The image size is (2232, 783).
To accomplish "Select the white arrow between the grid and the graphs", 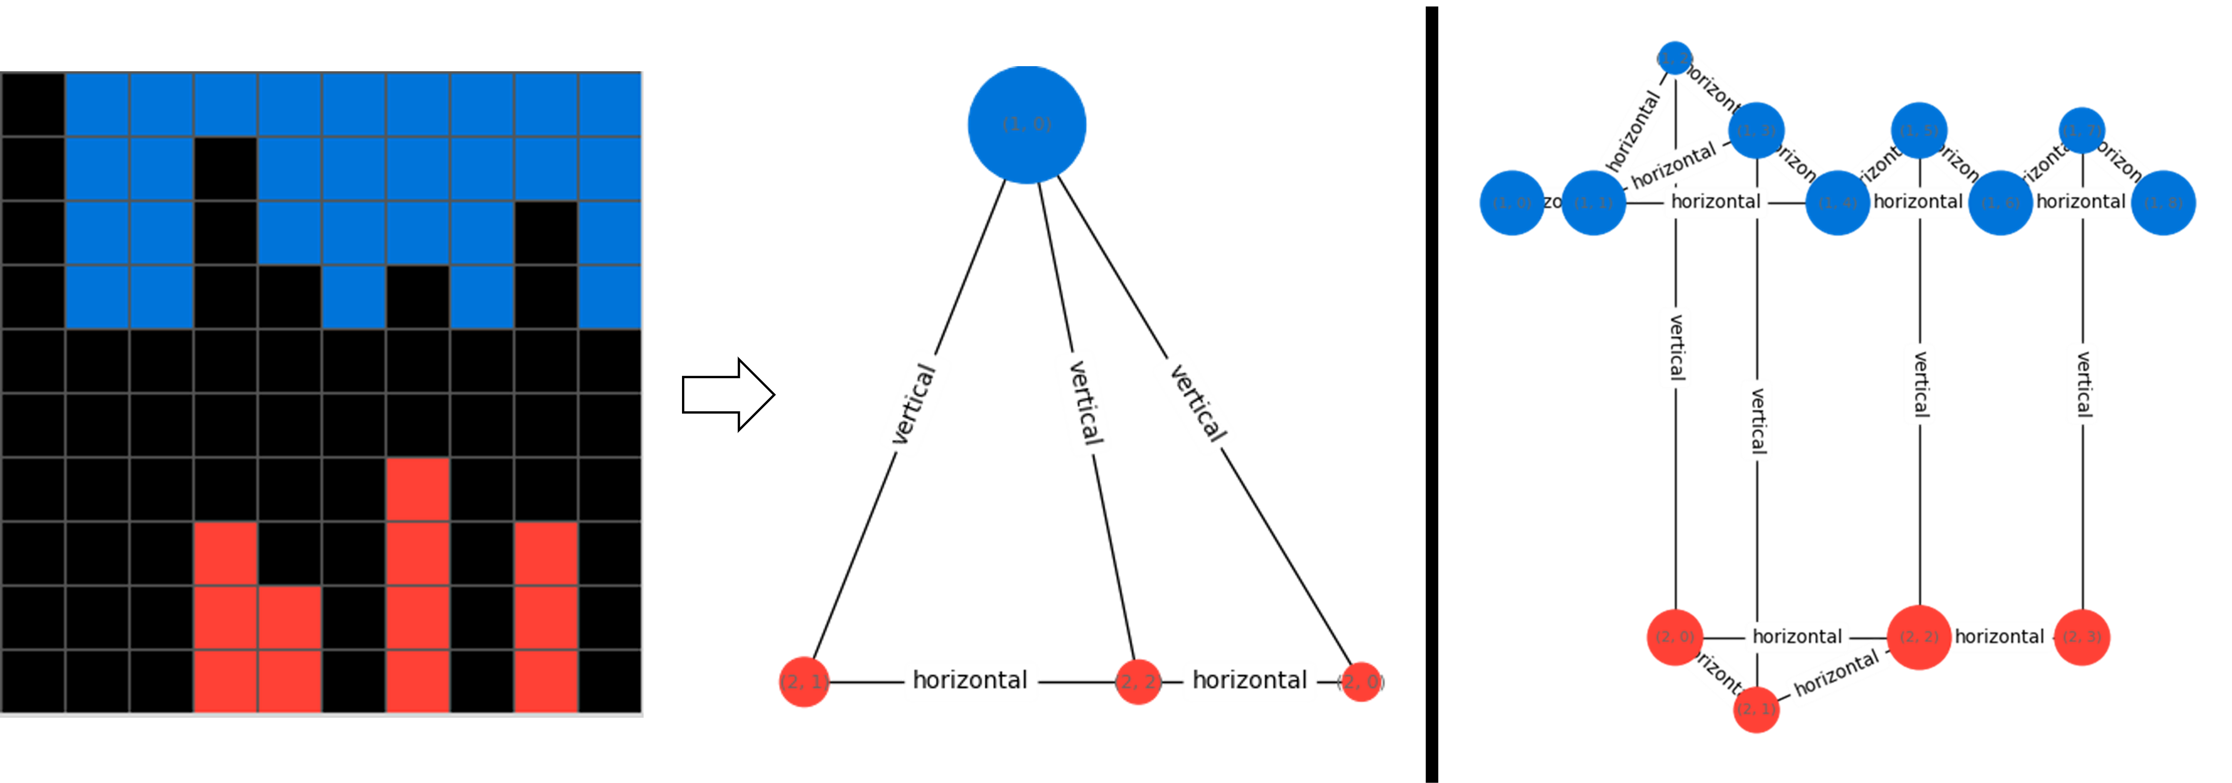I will [726, 395].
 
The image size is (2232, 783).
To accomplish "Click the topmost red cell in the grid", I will [418, 490].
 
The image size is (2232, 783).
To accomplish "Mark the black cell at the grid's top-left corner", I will [33, 105].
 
